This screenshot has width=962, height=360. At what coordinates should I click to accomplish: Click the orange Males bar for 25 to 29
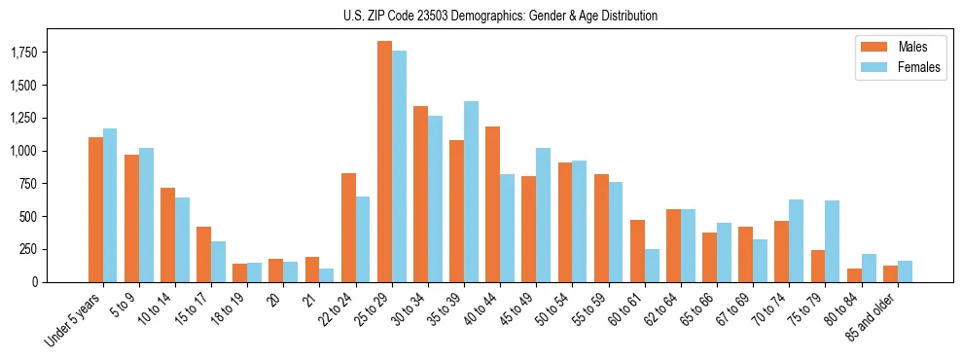tap(384, 162)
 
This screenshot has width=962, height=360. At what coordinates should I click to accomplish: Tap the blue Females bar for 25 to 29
tap(399, 166)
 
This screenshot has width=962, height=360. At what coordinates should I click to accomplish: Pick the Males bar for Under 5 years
tap(95, 209)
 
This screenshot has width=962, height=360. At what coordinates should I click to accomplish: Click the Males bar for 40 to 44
tap(492, 204)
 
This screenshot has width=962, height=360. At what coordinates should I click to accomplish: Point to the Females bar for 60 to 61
tap(652, 265)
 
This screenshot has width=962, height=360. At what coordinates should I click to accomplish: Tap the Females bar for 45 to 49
tap(543, 215)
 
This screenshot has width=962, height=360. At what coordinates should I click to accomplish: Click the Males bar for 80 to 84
tap(854, 274)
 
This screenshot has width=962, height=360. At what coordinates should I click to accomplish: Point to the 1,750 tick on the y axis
tap(23, 53)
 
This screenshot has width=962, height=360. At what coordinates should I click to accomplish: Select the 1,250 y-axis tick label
tap(23, 118)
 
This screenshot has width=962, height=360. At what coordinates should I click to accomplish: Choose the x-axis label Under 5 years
tap(74, 320)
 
